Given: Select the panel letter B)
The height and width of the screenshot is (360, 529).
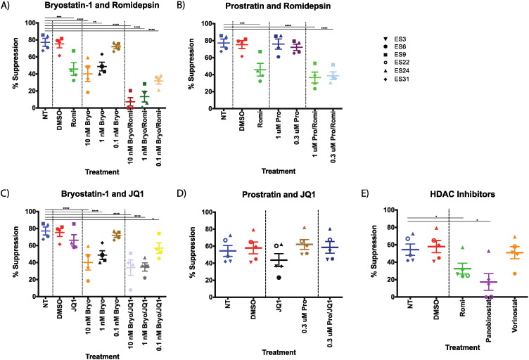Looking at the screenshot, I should tap(184, 6).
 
